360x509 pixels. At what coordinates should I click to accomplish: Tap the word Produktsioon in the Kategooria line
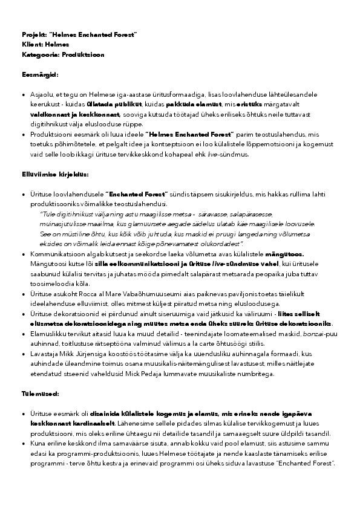pyautogui.click(x=82, y=54)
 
